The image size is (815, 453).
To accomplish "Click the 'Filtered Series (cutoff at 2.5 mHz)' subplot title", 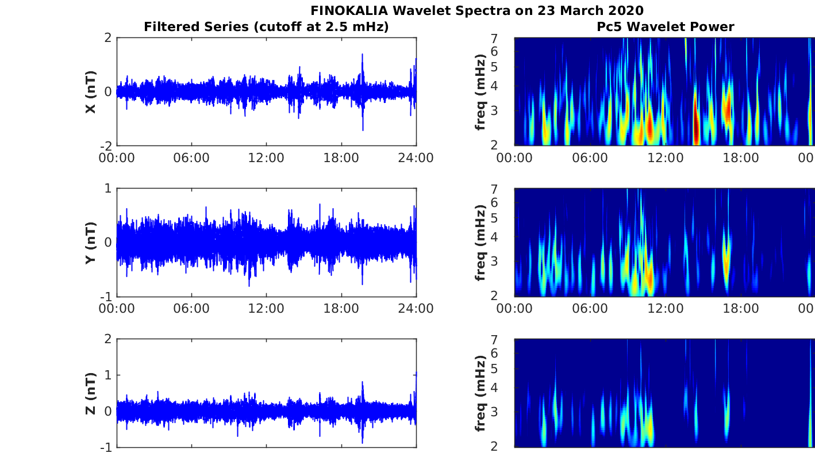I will (x=266, y=26).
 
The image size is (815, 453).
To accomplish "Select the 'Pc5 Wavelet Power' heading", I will (x=666, y=26).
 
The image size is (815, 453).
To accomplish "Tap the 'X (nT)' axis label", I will (x=90, y=92).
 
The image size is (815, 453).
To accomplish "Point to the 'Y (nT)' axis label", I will (x=90, y=243).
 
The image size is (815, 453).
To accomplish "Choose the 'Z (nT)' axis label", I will (x=90, y=393).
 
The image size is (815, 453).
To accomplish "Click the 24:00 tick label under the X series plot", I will (x=416, y=158).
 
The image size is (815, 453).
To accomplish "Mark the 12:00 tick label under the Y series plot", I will (x=266, y=309).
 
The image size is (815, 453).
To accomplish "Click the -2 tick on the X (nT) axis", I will (x=106, y=146).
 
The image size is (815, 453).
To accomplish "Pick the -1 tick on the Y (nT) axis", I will (x=106, y=297).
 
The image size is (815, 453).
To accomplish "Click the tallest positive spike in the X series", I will (x=362, y=55).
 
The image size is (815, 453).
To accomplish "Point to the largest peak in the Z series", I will (x=362, y=382).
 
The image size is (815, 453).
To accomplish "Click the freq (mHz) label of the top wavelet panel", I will (x=481, y=92).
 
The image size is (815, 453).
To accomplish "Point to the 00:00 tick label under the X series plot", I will (x=117, y=158).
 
